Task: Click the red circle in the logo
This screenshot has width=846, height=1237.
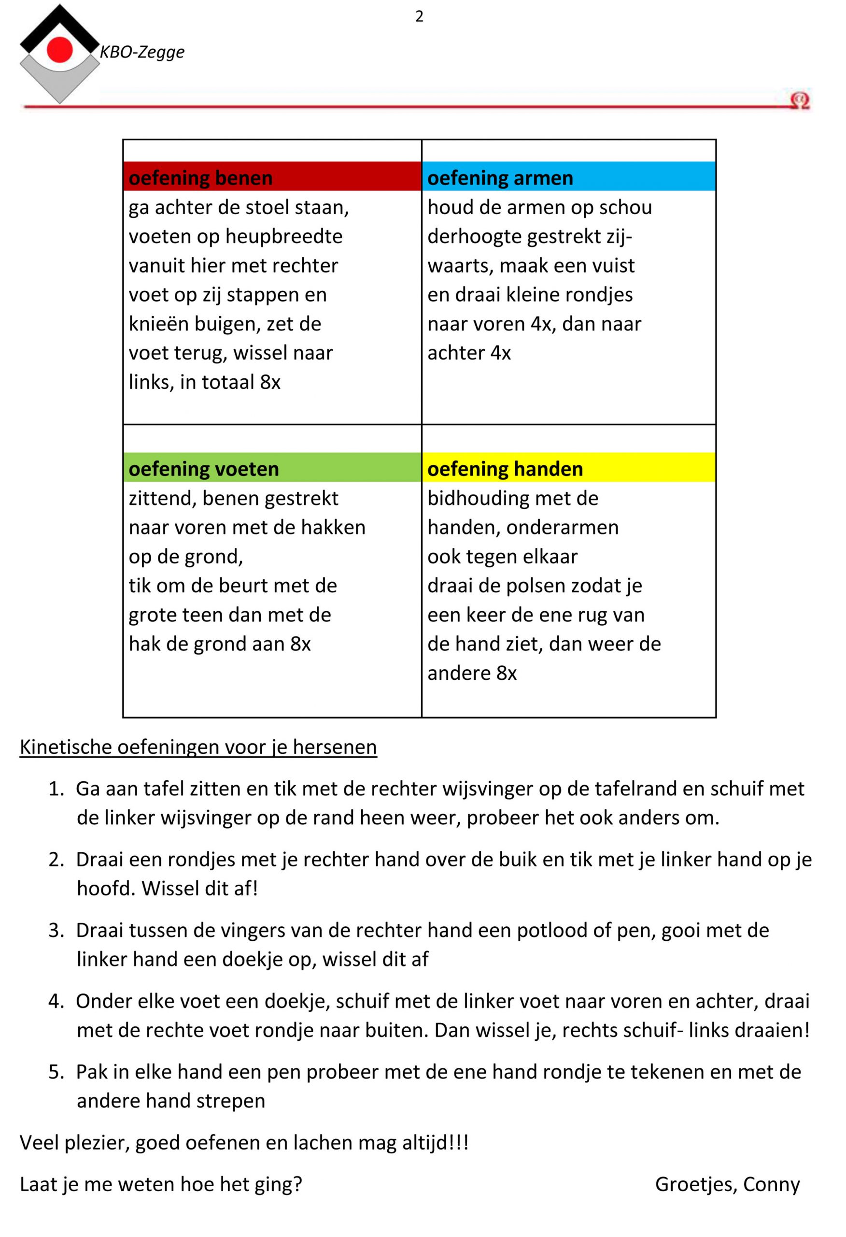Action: pyautogui.click(x=59, y=50)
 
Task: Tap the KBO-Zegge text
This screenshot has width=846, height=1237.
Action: pyautogui.click(x=142, y=52)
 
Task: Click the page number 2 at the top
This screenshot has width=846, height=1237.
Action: pyautogui.click(x=419, y=16)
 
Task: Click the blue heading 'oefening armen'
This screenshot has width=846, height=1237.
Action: pyautogui.click(x=500, y=177)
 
